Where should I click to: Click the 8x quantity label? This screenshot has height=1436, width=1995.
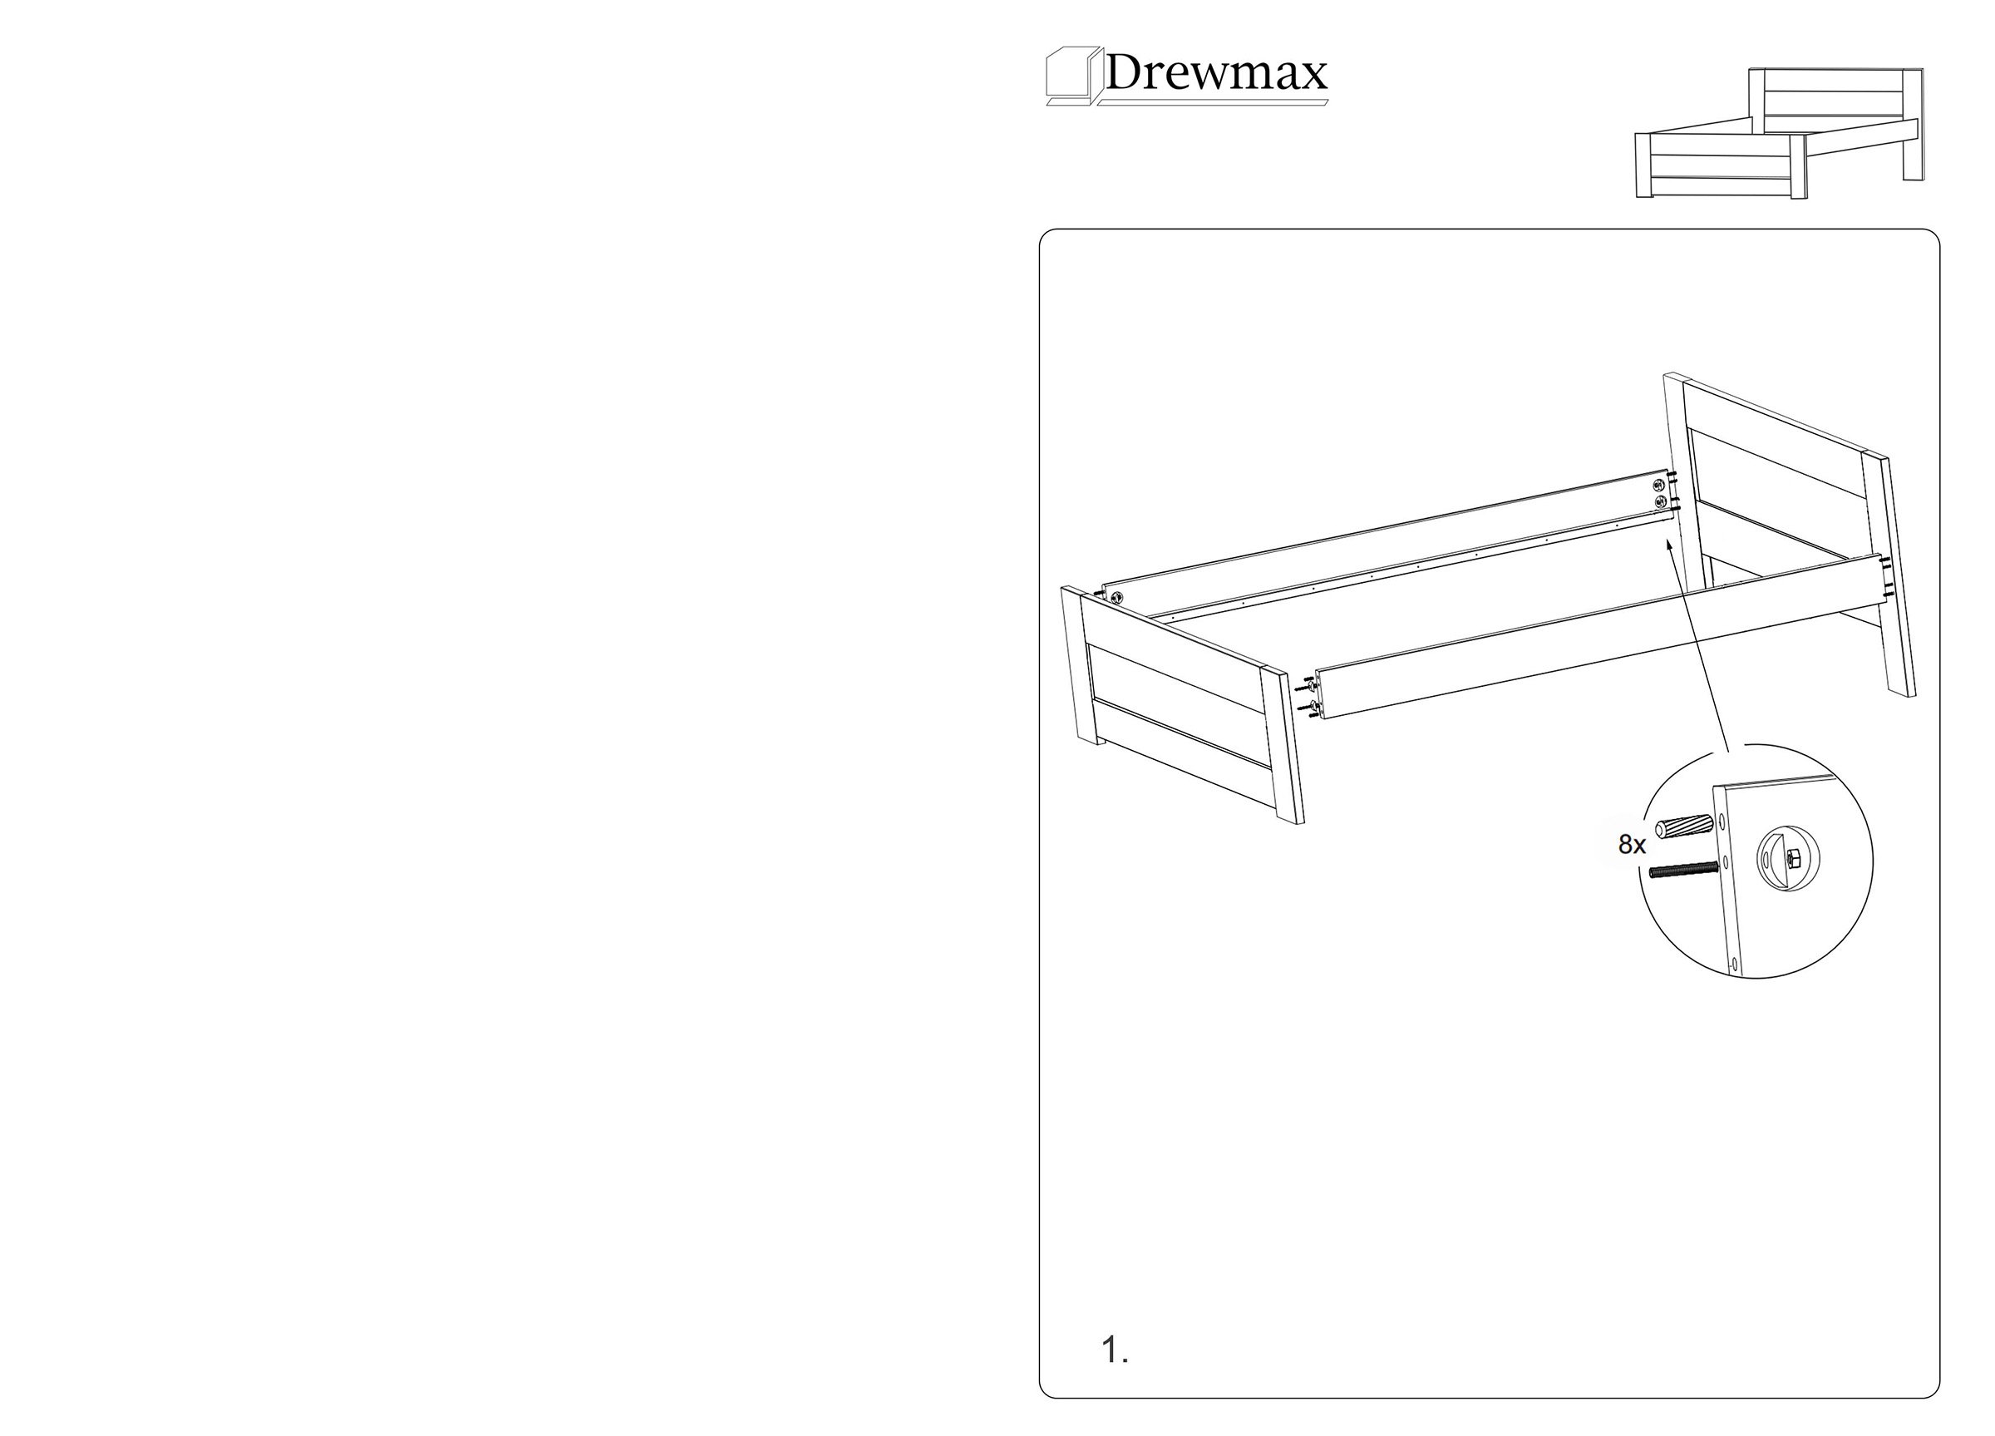(1632, 845)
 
